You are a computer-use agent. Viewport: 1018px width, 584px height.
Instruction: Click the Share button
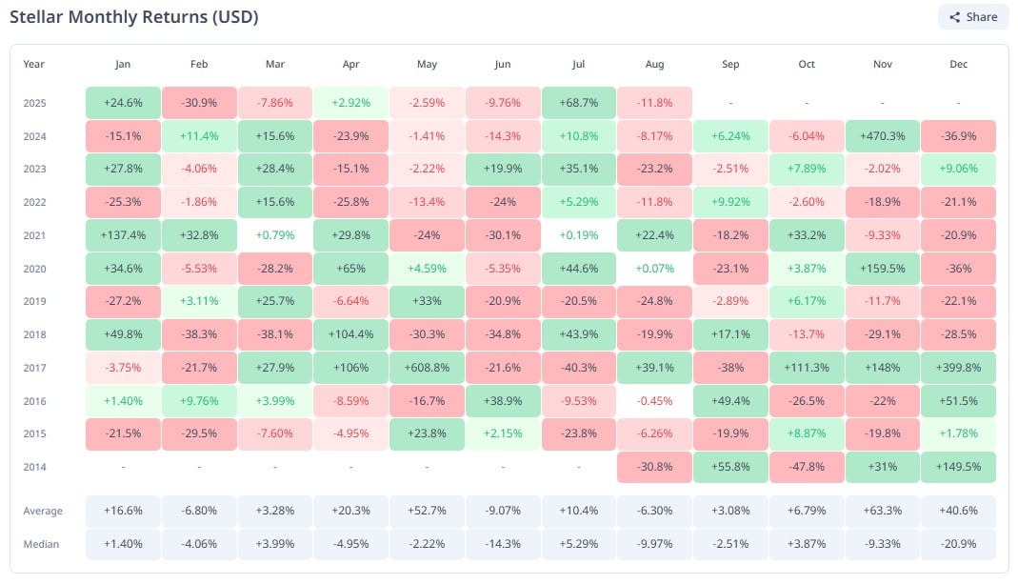click(x=972, y=16)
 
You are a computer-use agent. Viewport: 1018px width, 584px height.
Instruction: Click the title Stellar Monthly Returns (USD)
click(x=133, y=17)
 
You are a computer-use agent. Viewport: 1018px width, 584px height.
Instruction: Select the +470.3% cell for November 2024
click(x=883, y=136)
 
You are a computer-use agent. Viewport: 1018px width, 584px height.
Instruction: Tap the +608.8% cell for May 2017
click(x=427, y=368)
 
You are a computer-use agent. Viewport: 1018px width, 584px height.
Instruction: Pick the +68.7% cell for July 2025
click(x=579, y=103)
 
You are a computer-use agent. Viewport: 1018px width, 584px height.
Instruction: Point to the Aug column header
click(x=654, y=64)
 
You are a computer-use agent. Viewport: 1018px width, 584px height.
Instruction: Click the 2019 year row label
click(x=34, y=302)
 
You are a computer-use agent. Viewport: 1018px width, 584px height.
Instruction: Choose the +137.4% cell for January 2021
click(x=123, y=235)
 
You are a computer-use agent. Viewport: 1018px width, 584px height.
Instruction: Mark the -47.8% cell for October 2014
click(x=807, y=467)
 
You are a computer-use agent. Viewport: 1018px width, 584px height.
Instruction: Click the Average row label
click(x=43, y=512)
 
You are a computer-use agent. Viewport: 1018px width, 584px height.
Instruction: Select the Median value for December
click(x=958, y=544)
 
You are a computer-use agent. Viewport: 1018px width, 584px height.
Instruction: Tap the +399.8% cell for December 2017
click(x=958, y=368)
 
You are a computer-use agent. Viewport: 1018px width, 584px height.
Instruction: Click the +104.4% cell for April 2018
click(x=351, y=334)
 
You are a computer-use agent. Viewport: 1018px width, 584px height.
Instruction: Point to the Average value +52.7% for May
click(x=427, y=512)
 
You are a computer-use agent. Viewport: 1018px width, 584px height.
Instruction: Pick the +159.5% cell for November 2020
click(x=883, y=269)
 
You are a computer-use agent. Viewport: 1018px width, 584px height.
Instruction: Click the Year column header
click(x=34, y=64)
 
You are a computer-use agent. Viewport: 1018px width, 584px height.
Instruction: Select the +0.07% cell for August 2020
click(x=654, y=269)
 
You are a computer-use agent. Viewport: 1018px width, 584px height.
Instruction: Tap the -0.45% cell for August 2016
click(x=654, y=401)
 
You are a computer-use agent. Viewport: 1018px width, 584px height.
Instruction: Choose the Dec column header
click(x=958, y=64)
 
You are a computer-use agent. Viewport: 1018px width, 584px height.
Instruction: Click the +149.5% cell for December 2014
click(x=958, y=467)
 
